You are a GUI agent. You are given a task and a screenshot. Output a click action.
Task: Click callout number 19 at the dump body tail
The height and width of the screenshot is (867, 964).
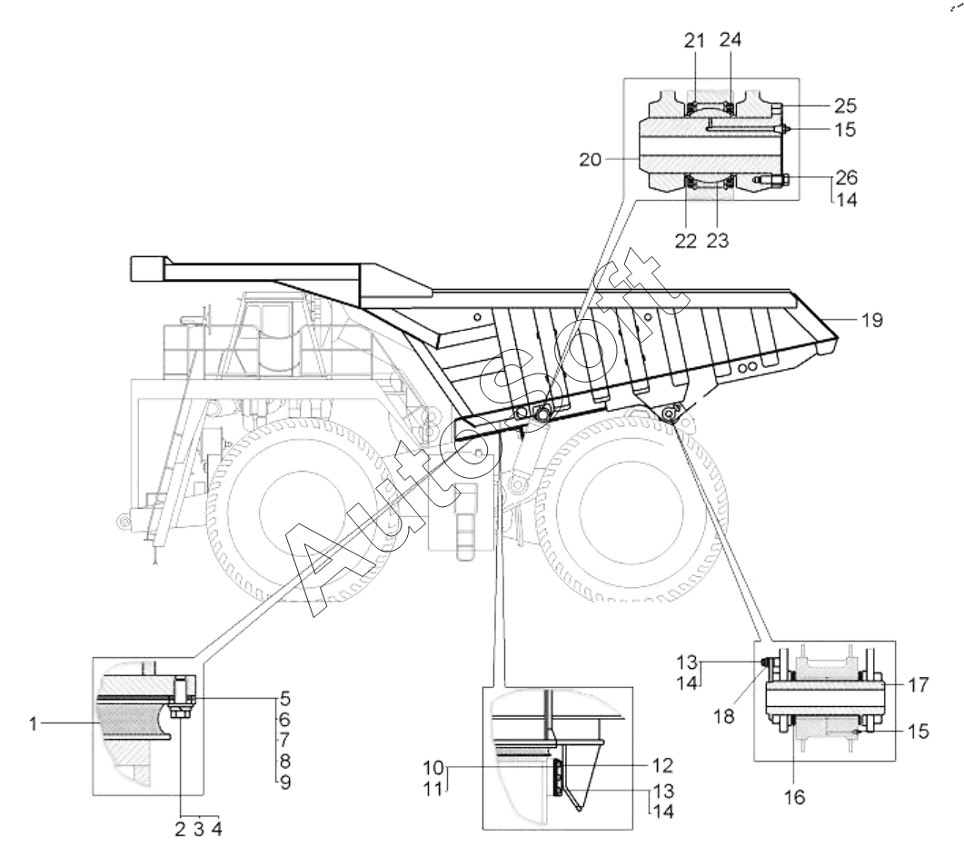(x=872, y=321)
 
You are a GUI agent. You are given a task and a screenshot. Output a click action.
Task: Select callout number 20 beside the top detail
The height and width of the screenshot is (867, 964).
(x=591, y=160)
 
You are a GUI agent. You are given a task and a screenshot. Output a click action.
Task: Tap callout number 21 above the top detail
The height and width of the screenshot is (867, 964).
(x=695, y=41)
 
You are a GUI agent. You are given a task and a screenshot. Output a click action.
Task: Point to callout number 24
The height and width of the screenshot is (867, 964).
(x=730, y=39)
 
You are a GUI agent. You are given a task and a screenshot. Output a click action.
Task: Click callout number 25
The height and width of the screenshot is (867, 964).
(x=845, y=105)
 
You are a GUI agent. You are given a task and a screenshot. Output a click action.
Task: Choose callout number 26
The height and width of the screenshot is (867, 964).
(x=847, y=178)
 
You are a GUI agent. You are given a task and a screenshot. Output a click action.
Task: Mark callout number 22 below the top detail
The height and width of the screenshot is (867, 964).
(x=685, y=241)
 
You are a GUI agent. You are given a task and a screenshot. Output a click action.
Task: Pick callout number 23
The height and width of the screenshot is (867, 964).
(x=718, y=241)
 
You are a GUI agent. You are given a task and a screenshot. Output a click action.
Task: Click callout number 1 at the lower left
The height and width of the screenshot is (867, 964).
(x=34, y=724)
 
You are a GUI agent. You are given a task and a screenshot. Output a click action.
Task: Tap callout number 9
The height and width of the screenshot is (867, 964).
(x=285, y=782)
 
